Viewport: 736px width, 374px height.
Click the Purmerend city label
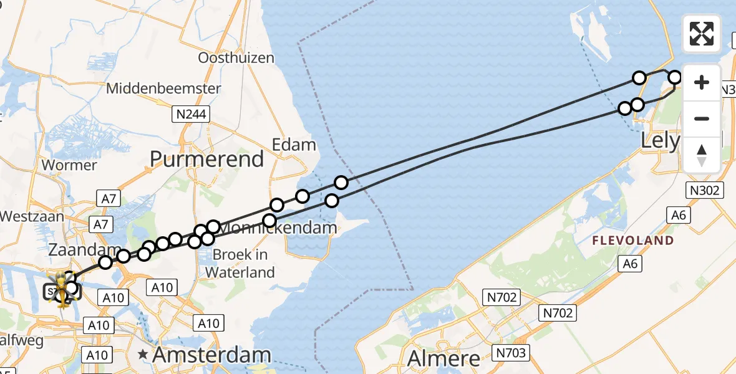tap(207, 160)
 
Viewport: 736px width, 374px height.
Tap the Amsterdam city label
tap(211, 355)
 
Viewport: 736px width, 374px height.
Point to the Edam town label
tap(294, 145)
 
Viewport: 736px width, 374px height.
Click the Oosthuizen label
tap(236, 58)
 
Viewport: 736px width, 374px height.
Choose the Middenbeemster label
tap(163, 89)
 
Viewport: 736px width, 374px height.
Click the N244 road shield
tap(191, 114)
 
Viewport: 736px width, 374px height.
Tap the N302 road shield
tap(705, 191)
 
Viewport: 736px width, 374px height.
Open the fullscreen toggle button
tap(702, 34)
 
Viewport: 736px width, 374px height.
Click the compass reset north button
tap(702, 155)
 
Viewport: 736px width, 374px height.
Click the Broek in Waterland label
tap(240, 263)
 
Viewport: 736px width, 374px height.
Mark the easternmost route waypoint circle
tap(675, 78)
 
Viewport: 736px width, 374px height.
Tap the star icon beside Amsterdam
tap(143, 355)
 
